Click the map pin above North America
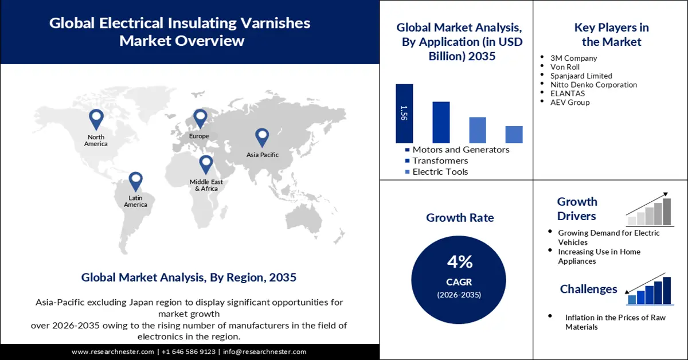pyautogui.click(x=96, y=119)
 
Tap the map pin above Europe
pyautogui.click(x=200, y=118)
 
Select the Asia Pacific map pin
pyautogui.click(x=262, y=137)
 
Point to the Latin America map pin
pyautogui.click(x=135, y=181)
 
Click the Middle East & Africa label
pyautogui.click(x=206, y=185)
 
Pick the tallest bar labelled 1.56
pyautogui.click(x=404, y=114)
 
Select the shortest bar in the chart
pyautogui.click(x=514, y=134)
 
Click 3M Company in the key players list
pyautogui.click(x=573, y=58)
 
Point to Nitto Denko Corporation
pyautogui.click(x=593, y=85)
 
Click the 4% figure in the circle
pyautogui.click(x=460, y=262)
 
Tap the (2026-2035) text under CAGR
pyautogui.click(x=460, y=295)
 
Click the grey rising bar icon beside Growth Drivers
pyautogui.click(x=650, y=210)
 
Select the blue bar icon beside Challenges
pyautogui.click(x=650, y=290)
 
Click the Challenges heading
pyautogui.click(x=588, y=289)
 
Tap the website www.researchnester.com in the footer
pyautogui.click(x=113, y=351)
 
